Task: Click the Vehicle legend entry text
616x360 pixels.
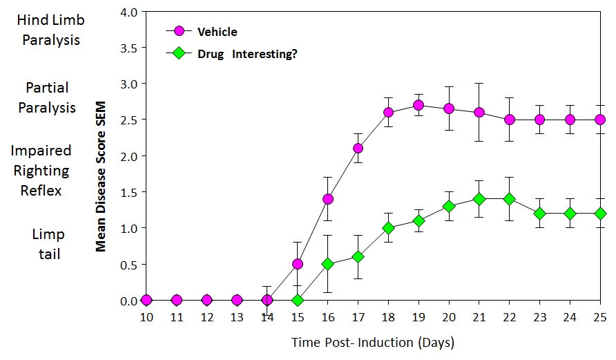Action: point(217,32)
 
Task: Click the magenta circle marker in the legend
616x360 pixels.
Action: point(180,31)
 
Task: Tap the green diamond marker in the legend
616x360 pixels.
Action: point(180,53)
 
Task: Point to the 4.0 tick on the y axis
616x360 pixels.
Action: point(128,12)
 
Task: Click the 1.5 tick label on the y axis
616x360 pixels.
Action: point(128,192)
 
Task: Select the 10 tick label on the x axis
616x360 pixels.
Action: point(146,317)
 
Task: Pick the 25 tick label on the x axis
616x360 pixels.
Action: point(599,317)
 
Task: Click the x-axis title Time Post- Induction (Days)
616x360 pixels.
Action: point(372,342)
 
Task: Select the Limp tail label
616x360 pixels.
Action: point(48,244)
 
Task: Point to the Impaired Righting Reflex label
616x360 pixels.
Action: point(43,170)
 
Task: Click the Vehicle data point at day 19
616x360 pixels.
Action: point(418,105)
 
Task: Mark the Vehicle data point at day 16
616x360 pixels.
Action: point(328,199)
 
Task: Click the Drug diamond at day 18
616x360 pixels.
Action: point(388,228)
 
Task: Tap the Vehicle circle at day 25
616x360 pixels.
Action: point(599,120)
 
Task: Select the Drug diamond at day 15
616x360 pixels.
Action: point(298,301)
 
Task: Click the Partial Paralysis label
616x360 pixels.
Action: point(47,97)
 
